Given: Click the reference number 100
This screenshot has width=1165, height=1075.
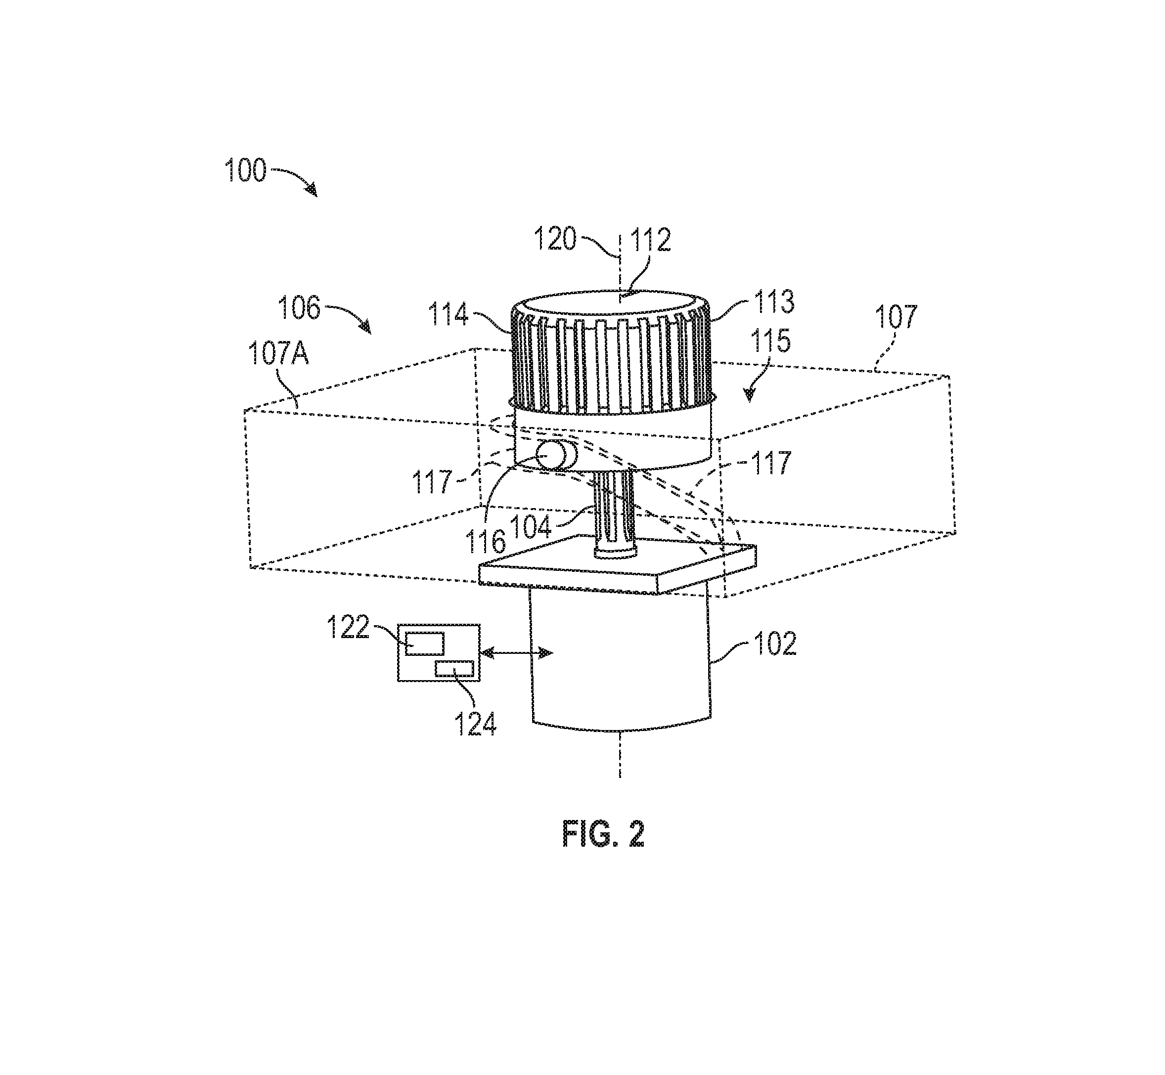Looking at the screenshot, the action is pyautogui.click(x=246, y=171).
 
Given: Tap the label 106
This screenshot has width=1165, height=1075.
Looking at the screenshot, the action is pyautogui.click(x=299, y=308).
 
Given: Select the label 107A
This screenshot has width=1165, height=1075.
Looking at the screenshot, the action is pyautogui.click(x=278, y=352).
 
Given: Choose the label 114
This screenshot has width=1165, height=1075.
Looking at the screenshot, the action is pyautogui.click(x=448, y=315).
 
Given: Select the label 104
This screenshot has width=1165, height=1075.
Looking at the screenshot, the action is pyautogui.click(x=531, y=527).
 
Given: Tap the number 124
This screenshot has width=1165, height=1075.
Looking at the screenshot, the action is pyautogui.click(x=475, y=725).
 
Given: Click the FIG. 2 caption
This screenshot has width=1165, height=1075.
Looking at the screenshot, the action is pyautogui.click(x=603, y=835).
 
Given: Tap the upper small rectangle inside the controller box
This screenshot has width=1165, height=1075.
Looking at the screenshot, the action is pyautogui.click(x=425, y=644).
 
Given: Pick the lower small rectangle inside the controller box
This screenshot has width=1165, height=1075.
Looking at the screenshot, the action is pyautogui.click(x=454, y=668).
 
